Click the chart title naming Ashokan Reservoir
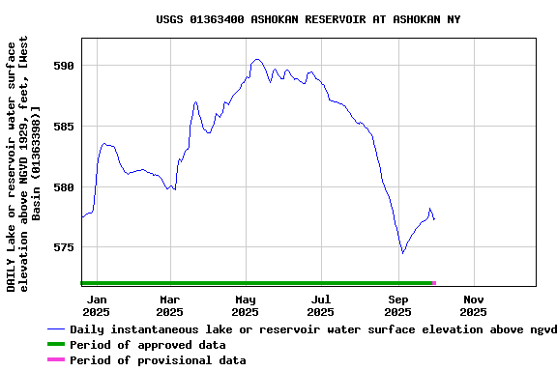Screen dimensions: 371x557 point(308,19)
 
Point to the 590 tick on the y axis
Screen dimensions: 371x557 point(63,66)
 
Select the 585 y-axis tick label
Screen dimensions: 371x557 point(63,127)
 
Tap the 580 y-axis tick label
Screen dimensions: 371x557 point(63,187)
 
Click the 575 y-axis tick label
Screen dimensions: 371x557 point(63,247)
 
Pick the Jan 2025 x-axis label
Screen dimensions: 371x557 point(96,305)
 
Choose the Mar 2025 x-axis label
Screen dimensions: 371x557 point(170,305)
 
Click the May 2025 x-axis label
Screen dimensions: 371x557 point(246,305)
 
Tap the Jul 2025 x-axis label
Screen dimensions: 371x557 point(321,305)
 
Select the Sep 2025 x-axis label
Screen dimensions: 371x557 point(397,305)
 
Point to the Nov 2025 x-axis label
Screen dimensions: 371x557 point(473,305)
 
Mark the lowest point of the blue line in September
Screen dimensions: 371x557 point(402,253)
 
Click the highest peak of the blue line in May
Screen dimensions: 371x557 point(256,59)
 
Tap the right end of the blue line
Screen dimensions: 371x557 point(434,220)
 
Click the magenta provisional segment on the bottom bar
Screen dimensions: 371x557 point(434,283)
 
